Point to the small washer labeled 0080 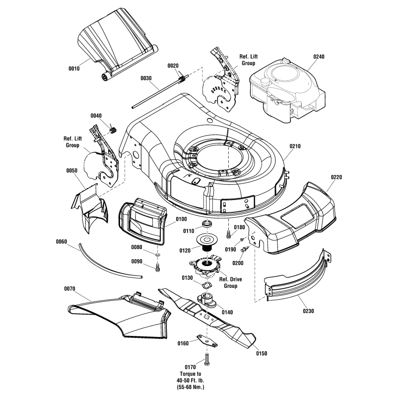pyautogui.click(x=157, y=256)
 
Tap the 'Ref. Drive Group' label pyautogui.click(x=230, y=283)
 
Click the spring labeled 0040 pyautogui.click(x=113, y=130)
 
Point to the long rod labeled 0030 pyautogui.click(x=159, y=93)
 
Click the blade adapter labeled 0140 pyautogui.click(x=206, y=300)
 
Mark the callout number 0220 pyautogui.click(x=336, y=177)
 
